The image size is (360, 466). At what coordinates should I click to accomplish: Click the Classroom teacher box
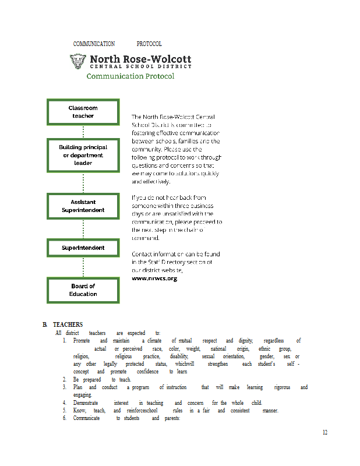click(83, 112)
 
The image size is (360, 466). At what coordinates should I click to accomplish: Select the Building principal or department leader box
click(83, 156)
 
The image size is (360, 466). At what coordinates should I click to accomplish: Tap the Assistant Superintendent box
click(83, 206)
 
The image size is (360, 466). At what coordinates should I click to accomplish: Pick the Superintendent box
click(83, 248)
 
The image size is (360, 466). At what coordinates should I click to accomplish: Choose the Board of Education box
click(83, 290)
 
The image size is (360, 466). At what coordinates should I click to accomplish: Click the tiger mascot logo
click(77, 61)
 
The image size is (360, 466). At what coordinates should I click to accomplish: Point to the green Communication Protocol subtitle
click(130, 76)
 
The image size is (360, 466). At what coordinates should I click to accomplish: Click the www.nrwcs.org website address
click(154, 278)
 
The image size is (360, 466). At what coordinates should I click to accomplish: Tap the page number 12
click(324, 432)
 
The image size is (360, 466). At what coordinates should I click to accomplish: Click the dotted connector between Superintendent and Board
click(83, 267)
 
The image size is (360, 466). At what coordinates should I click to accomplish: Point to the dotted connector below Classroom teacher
click(83, 132)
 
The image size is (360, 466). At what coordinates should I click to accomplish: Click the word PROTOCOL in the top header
click(149, 44)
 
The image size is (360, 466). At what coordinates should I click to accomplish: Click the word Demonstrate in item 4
click(85, 403)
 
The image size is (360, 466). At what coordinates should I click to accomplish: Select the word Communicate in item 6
click(86, 418)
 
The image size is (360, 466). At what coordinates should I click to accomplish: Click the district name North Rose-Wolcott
click(140, 59)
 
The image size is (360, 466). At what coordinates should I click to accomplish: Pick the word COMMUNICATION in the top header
click(94, 44)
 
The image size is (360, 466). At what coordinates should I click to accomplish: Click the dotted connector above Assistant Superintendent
click(83, 183)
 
